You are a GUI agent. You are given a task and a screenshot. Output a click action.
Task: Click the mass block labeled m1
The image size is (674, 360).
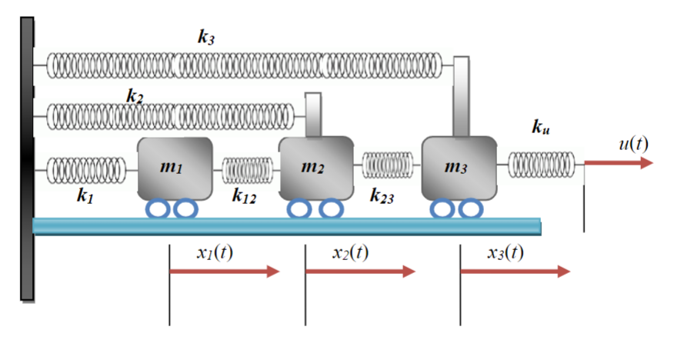[175, 167]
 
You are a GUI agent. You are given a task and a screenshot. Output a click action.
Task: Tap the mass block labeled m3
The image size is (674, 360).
[459, 167]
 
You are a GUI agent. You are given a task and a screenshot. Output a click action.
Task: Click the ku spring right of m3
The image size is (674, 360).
[541, 164]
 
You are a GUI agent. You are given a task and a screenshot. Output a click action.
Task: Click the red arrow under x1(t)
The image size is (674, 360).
[224, 271]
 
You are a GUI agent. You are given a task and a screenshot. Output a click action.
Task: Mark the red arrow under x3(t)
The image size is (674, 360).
[515, 271]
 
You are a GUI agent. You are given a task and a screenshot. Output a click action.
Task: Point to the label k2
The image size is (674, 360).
[135, 96]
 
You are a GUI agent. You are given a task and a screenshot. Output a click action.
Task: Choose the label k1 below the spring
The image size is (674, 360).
[85, 195]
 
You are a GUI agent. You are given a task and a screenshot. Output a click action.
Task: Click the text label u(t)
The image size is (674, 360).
[633, 143]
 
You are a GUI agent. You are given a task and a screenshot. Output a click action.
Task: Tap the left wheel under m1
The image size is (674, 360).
[158, 208]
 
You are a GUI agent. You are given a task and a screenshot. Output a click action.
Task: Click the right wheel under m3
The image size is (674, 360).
[470, 208]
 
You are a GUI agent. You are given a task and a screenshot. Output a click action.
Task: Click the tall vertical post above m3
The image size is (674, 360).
[461, 95]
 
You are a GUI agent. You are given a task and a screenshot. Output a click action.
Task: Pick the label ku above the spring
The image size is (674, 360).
[540, 128]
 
